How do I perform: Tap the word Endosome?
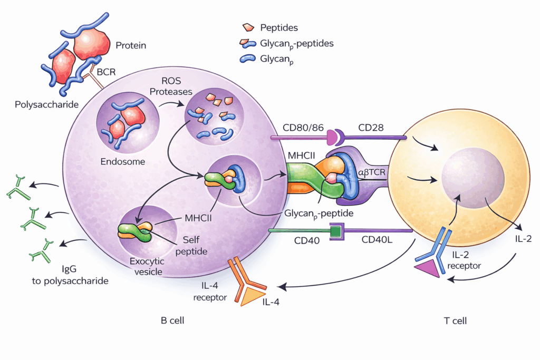click(x=123, y=162)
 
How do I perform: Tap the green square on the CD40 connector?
click(x=334, y=230)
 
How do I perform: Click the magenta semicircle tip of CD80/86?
click(x=333, y=138)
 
